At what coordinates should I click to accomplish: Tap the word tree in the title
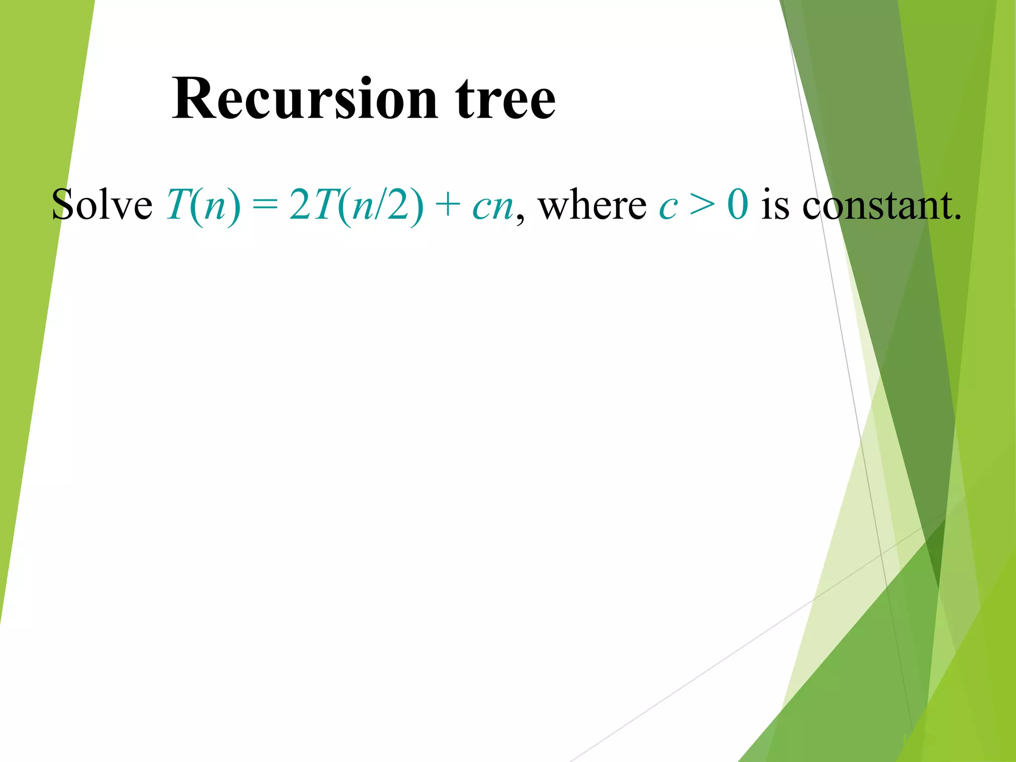506,99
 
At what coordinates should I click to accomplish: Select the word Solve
102,205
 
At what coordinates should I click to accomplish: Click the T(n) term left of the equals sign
203,205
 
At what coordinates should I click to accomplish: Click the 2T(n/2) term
356,205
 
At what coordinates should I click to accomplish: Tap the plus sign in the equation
447,205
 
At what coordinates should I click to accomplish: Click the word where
592,205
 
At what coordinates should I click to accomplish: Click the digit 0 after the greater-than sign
738,205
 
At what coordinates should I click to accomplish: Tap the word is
775,205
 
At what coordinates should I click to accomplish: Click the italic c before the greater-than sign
668,207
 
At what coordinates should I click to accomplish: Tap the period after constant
957,217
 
